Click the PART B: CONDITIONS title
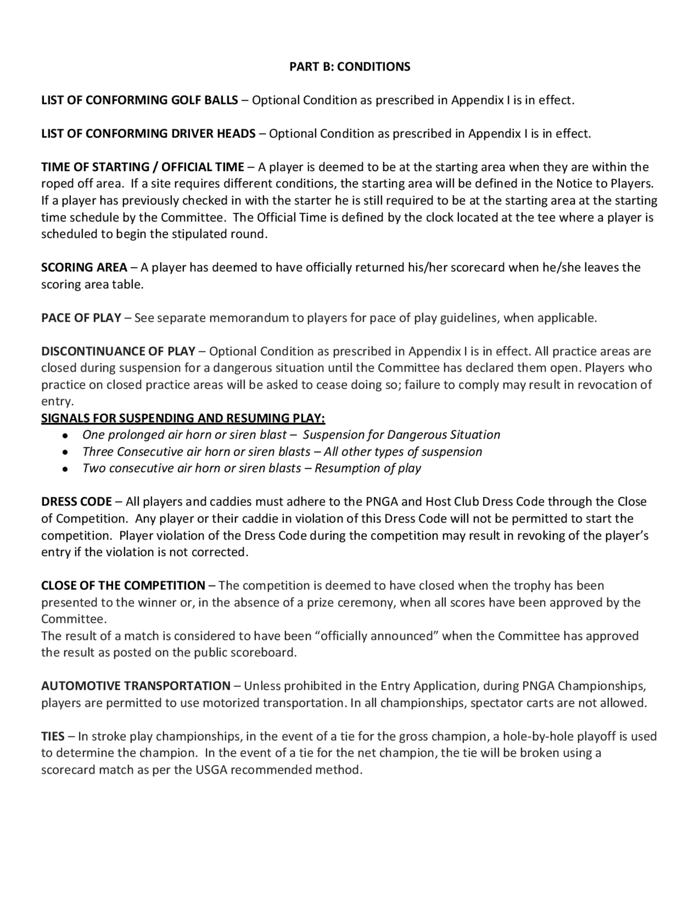[x=350, y=67]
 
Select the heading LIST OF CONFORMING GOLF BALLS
[x=139, y=100]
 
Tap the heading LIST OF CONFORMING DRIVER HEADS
[x=148, y=134]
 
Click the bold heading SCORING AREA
[x=84, y=268]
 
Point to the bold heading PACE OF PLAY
[x=81, y=318]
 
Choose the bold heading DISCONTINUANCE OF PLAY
[x=118, y=351]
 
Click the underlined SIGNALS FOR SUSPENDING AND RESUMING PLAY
[x=183, y=418]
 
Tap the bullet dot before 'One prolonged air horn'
[x=65, y=435]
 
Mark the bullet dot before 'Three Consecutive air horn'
[x=65, y=452]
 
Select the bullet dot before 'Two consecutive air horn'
[x=65, y=469]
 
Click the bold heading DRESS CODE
[x=76, y=502]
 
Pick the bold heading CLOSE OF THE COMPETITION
[x=123, y=585]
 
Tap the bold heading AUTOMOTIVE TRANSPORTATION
[x=135, y=686]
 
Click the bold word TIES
[x=52, y=736]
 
